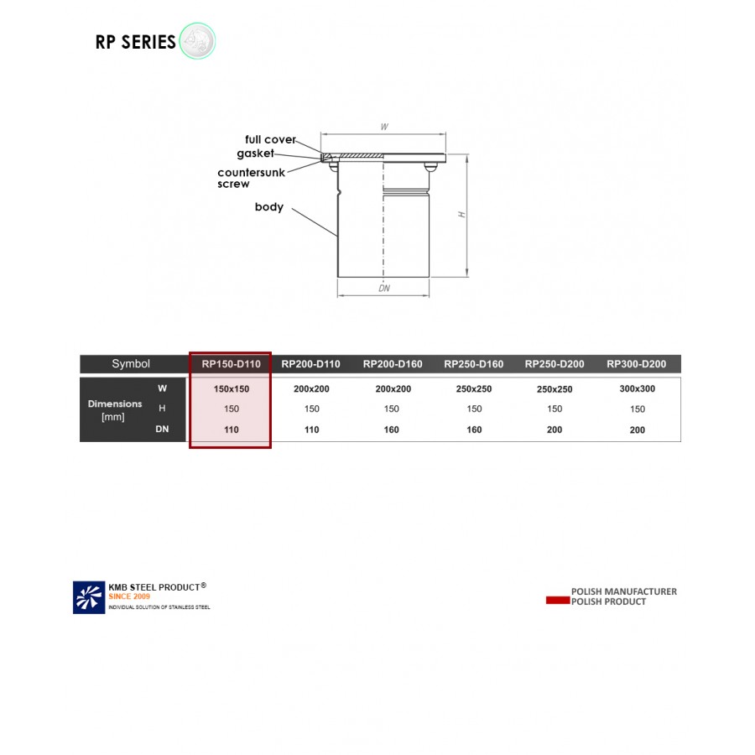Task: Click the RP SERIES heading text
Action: click(x=135, y=42)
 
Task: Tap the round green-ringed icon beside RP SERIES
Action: click(x=197, y=41)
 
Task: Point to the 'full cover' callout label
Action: click(x=270, y=139)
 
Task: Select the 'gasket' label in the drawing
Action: click(x=255, y=154)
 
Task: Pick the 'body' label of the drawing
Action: click(x=269, y=207)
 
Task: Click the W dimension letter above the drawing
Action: click(x=384, y=128)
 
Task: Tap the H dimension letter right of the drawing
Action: click(x=461, y=215)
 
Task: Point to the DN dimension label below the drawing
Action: click(x=384, y=289)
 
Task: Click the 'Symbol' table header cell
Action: click(x=131, y=364)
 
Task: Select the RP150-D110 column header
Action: click(x=231, y=364)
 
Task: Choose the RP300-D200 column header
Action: click(x=637, y=364)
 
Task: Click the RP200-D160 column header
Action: click(x=393, y=364)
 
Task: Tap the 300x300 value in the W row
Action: click(x=638, y=389)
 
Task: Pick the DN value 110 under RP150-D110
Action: click(x=231, y=430)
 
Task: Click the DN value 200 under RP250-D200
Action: click(x=555, y=430)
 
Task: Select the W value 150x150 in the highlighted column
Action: click(x=231, y=389)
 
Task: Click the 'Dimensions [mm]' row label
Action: click(x=115, y=409)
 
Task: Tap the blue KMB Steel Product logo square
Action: click(x=89, y=597)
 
